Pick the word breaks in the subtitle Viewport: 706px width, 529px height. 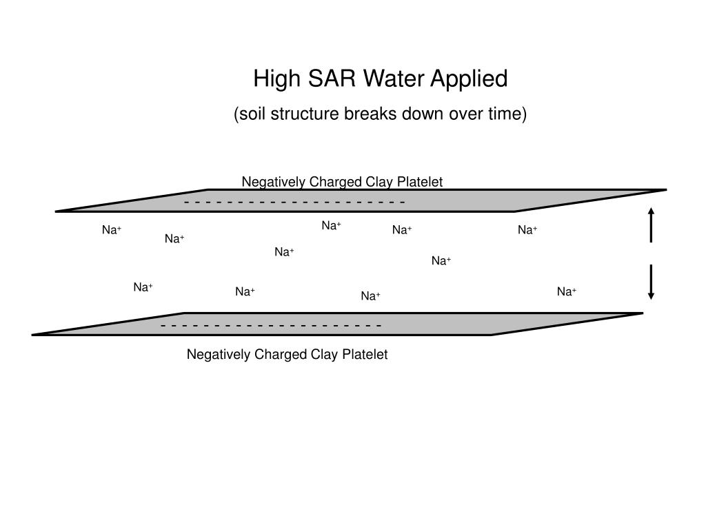(x=370, y=114)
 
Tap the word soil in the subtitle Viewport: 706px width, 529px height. (x=252, y=114)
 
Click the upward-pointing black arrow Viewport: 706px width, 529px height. (x=651, y=225)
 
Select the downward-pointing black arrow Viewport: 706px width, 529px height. (x=651, y=282)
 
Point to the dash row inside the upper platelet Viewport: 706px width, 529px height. (x=294, y=202)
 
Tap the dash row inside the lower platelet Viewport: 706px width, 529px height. (x=271, y=325)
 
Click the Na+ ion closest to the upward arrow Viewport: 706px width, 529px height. (x=527, y=230)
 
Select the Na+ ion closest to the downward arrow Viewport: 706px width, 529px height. (x=567, y=292)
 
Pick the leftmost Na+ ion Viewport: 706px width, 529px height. (x=112, y=230)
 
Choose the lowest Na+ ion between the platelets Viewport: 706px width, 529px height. (x=370, y=296)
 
